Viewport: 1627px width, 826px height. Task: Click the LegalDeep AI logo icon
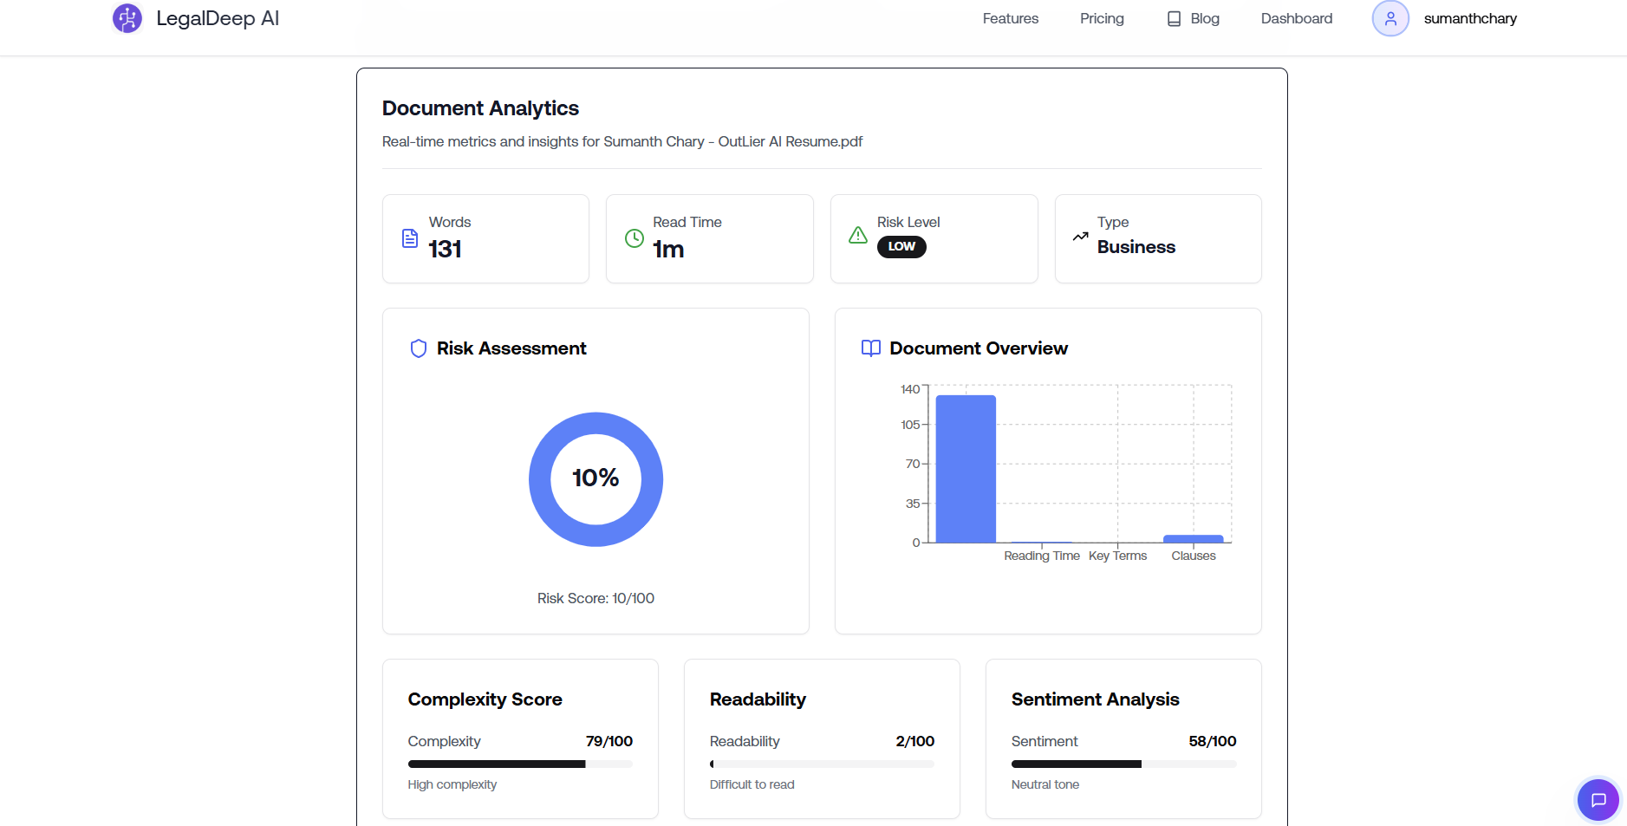click(x=127, y=18)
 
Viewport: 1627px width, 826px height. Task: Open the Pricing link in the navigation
click(x=1102, y=18)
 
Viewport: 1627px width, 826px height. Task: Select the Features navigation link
click(x=1010, y=18)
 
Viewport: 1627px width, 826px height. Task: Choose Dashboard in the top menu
click(x=1296, y=18)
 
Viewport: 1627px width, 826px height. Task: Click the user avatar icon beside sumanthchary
click(x=1389, y=18)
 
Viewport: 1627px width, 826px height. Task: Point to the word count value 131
click(x=445, y=250)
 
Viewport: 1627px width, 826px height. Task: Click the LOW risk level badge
click(x=901, y=247)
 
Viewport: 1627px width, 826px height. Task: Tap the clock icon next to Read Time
click(x=635, y=238)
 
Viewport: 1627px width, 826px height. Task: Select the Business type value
click(x=1136, y=247)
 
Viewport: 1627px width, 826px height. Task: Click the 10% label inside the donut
click(x=595, y=478)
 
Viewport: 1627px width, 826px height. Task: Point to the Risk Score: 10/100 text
click(x=595, y=598)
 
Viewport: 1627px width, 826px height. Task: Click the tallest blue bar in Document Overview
click(x=966, y=469)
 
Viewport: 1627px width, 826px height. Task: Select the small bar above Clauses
click(x=1193, y=539)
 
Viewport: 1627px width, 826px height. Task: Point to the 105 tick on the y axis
click(x=910, y=425)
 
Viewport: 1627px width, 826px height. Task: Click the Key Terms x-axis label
click(x=1117, y=556)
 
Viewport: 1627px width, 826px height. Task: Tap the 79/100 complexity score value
click(x=608, y=741)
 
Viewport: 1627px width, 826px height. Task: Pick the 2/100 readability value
click(x=914, y=741)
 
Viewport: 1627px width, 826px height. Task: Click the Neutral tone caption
click(x=1045, y=784)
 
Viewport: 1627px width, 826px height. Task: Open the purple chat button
click(x=1598, y=799)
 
